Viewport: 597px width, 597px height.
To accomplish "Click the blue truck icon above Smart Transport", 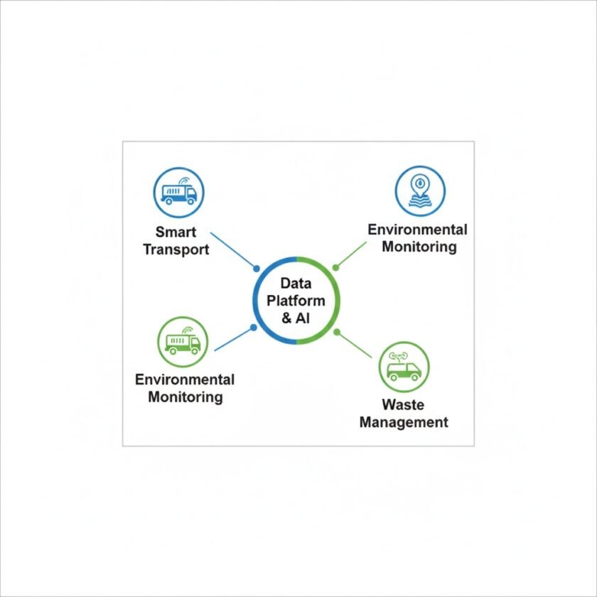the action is coord(178,193).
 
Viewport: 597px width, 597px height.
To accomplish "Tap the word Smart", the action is coord(176,232).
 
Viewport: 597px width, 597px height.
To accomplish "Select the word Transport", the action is coord(176,249).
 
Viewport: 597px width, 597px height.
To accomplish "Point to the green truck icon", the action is coord(183,342).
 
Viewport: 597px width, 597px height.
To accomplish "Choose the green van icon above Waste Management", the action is coord(404,367).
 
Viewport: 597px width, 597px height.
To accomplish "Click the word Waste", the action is coord(403,404).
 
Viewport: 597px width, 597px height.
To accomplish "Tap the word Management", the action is coord(404,422).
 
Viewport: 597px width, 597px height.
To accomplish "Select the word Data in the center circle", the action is coord(296,284).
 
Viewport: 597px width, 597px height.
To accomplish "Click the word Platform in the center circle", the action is coord(296,301).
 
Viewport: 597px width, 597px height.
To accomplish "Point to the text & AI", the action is coord(296,318).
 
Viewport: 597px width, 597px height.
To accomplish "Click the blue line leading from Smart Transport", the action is coord(233,250).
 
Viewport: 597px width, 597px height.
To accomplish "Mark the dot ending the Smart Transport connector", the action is coord(257,269).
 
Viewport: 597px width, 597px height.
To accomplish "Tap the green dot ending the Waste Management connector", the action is coord(337,332).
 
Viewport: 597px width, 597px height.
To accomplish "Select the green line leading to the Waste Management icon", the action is coord(355,345).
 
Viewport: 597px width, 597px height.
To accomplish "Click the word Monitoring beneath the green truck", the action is coord(185,397).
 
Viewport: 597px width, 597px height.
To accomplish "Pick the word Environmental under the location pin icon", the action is coord(417,230).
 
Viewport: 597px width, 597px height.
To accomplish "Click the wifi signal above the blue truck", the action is coord(184,180).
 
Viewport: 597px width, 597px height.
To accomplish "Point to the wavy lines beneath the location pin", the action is coord(419,200).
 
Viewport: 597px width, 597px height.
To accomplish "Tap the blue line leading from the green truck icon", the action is coord(233,339).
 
